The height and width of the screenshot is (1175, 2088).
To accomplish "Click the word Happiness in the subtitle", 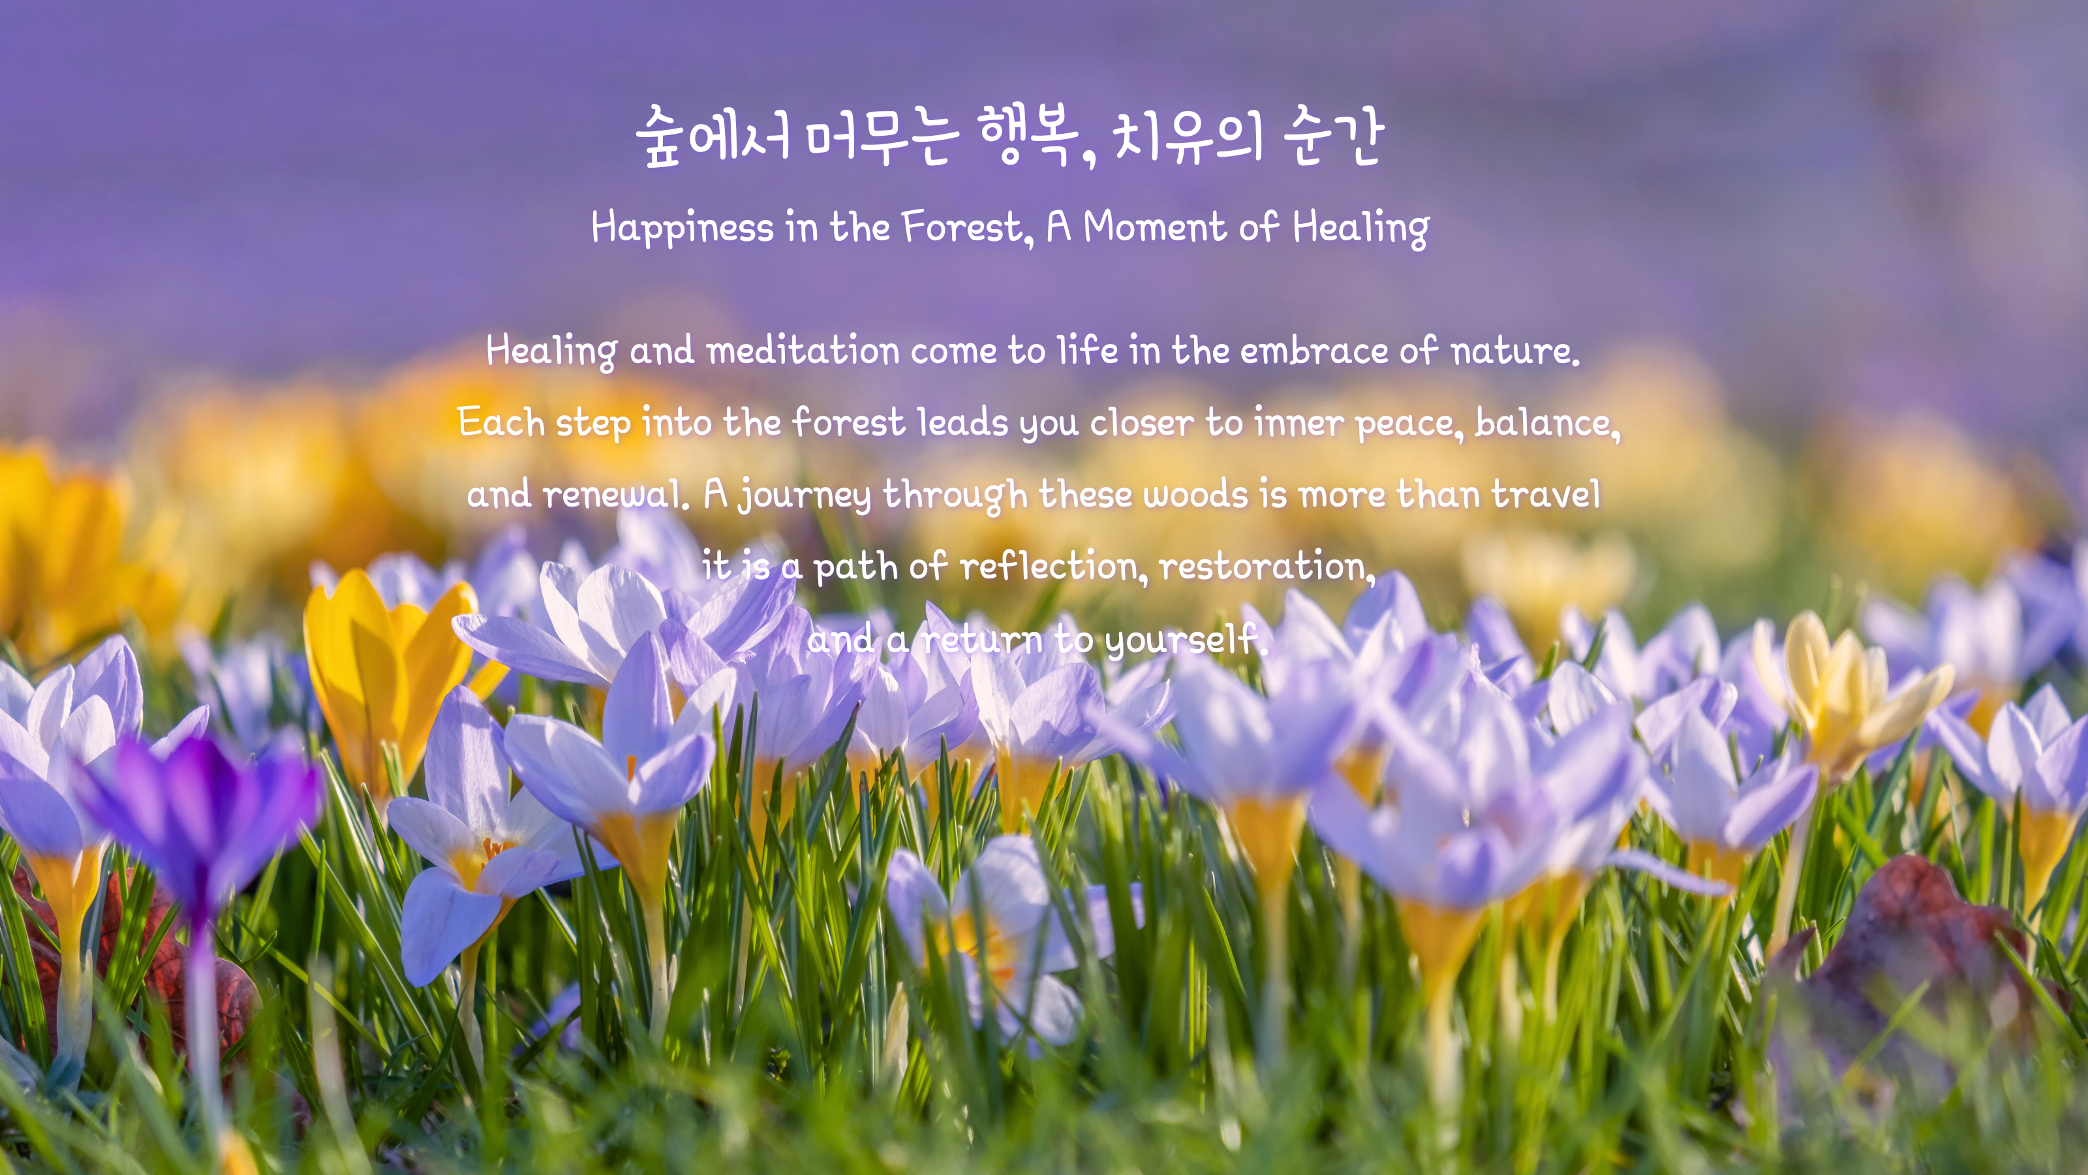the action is [683, 227].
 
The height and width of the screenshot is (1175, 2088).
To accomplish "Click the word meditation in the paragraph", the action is [803, 351].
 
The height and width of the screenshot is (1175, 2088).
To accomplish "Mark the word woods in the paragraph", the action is [1195, 494].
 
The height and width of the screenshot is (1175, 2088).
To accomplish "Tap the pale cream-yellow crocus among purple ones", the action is [1848, 689].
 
